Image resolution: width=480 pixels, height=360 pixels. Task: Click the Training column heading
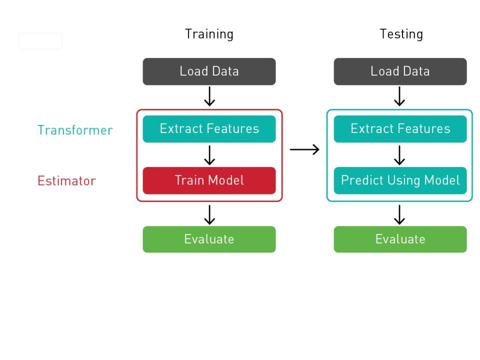(209, 34)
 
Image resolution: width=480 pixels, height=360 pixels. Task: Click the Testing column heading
(401, 34)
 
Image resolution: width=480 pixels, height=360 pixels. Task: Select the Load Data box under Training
(209, 71)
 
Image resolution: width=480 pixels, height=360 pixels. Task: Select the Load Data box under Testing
(400, 71)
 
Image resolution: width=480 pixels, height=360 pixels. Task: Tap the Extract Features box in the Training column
(209, 129)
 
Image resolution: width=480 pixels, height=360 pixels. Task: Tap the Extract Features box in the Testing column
(400, 129)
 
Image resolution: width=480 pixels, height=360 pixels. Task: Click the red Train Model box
(209, 180)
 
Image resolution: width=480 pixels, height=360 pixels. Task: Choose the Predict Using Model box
(400, 180)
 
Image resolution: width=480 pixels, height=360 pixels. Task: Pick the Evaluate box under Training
(209, 239)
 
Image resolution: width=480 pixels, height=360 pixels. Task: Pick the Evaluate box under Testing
(400, 239)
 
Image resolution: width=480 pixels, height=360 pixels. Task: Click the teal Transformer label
(75, 130)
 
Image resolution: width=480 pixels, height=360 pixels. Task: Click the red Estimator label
(66, 181)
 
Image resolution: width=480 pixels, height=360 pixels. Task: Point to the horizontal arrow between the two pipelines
(304, 149)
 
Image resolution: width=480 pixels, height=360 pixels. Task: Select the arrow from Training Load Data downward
(209, 96)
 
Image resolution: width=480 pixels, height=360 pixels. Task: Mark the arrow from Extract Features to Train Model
(209, 155)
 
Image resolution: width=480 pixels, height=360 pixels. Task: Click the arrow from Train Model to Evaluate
(209, 214)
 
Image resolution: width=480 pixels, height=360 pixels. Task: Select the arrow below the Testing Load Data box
(399, 96)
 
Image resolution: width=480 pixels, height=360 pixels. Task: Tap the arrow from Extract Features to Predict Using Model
(399, 155)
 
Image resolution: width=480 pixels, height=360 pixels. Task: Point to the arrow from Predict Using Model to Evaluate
(399, 214)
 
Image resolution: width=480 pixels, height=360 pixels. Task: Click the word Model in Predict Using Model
(443, 180)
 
